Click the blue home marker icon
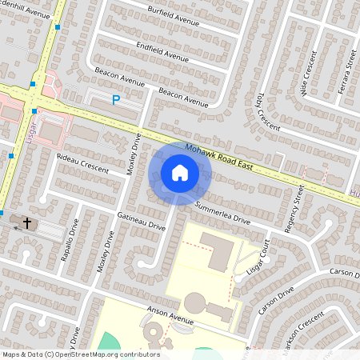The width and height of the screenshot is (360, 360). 180,172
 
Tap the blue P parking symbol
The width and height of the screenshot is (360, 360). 116,100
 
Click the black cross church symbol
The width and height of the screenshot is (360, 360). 27,223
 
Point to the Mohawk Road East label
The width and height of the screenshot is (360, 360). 219,158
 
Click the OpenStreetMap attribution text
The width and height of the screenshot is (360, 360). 82,354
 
